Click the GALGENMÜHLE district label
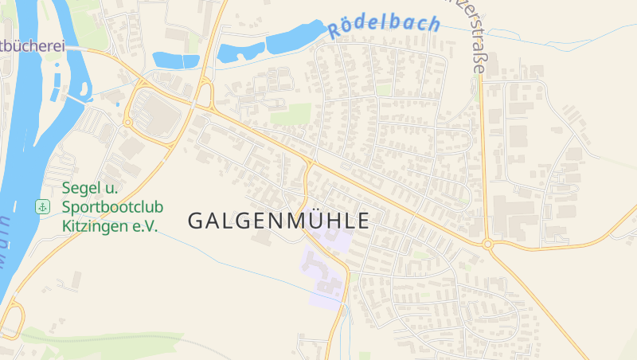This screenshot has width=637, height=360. (x=279, y=221)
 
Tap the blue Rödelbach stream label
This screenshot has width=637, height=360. (x=383, y=25)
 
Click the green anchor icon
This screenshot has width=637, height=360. (x=41, y=207)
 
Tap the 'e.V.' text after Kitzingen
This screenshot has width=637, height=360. (x=145, y=225)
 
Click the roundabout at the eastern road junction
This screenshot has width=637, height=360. (x=487, y=245)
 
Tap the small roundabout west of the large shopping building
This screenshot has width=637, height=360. (x=127, y=122)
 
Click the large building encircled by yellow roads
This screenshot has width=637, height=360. (x=159, y=117)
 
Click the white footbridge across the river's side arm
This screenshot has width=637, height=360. (x=76, y=97)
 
